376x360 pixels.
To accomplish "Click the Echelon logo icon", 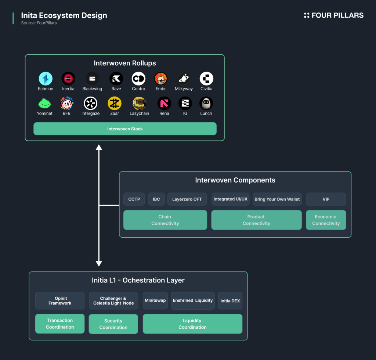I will click(46, 79).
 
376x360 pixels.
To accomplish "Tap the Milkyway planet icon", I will click(184, 79).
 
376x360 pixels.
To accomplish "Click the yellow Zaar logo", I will click(115, 103).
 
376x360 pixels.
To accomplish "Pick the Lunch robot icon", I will click(206, 103).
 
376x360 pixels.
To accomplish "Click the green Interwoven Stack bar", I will click(125, 129).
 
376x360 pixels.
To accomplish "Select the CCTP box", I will click(134, 199).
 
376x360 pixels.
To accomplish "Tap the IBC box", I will click(156, 199).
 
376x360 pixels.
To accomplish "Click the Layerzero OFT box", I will click(187, 199).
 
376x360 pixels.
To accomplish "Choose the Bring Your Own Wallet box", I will click(277, 199).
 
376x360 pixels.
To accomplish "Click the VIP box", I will click(326, 199).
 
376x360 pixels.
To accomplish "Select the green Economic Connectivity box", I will click(326, 220).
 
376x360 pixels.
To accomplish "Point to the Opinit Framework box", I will click(60, 300).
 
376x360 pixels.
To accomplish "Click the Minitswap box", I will click(155, 300).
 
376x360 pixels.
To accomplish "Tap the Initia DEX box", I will click(230, 300).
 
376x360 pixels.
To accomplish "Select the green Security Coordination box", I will click(113, 324).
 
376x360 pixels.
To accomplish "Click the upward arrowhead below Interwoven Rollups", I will click(99, 147).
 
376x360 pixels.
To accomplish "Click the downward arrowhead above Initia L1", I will click(99, 263).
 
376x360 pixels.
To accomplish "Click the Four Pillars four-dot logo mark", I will click(307, 15).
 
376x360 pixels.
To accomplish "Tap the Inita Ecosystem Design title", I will click(64, 15).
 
